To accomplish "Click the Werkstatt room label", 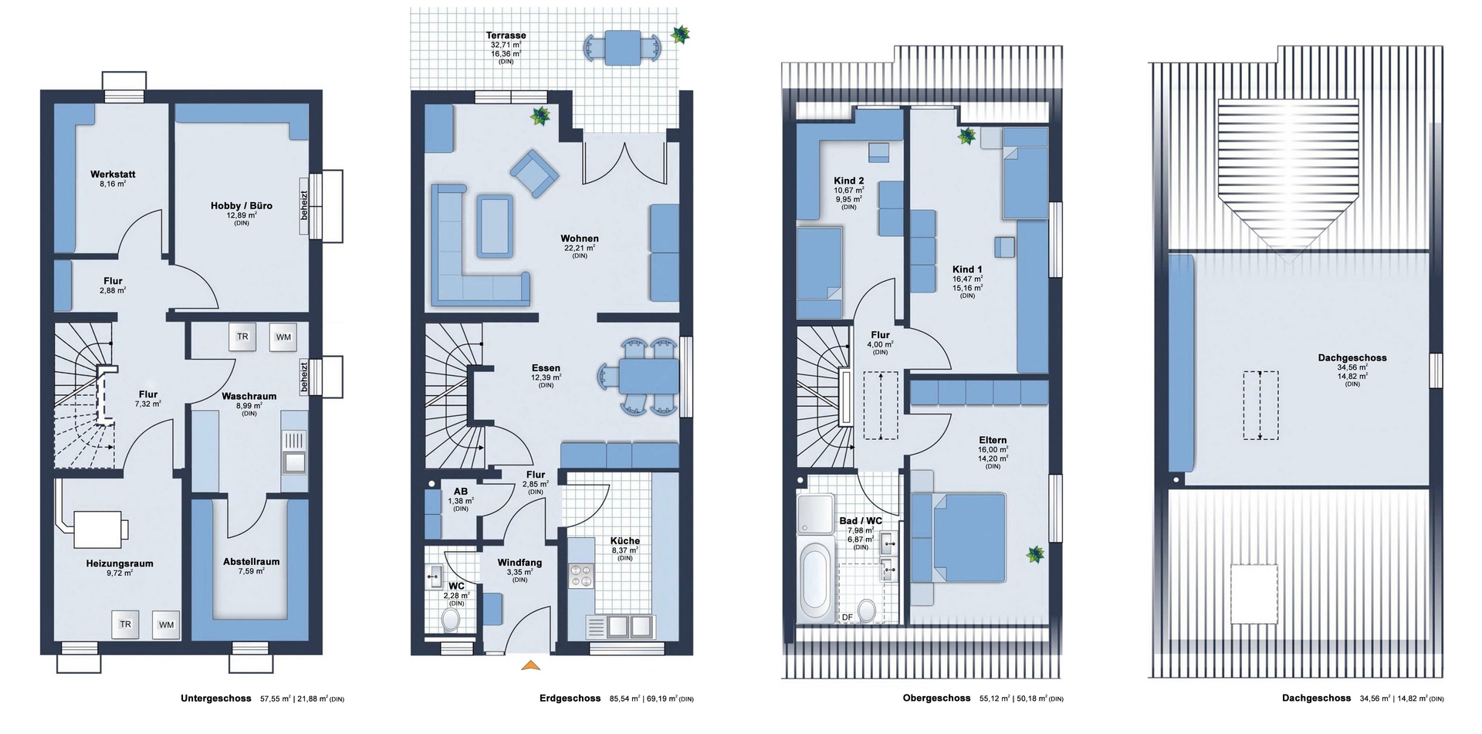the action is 113,174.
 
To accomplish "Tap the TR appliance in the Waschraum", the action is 242,337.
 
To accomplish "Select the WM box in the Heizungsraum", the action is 166,624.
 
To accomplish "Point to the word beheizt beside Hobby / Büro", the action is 304,205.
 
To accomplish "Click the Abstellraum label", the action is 252,562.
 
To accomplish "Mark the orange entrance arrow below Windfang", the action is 530,665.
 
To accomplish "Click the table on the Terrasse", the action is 622,48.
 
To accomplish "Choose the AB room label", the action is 461,492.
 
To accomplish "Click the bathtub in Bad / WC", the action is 816,581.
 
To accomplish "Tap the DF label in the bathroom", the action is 847,617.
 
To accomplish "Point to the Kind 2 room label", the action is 849,181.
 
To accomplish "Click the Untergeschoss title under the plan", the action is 216,698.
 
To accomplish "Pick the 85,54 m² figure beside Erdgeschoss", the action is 625,698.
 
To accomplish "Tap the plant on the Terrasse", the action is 681,34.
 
